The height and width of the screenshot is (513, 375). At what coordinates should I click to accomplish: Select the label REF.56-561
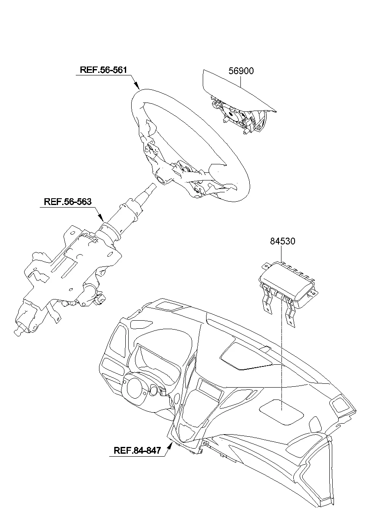(103, 70)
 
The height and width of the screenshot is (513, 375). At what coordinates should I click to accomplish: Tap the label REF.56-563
(68, 202)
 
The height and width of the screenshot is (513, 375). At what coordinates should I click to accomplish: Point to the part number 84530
(283, 241)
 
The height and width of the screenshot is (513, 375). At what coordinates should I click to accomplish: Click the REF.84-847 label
(137, 451)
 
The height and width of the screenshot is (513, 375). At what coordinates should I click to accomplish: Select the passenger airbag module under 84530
(288, 286)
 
